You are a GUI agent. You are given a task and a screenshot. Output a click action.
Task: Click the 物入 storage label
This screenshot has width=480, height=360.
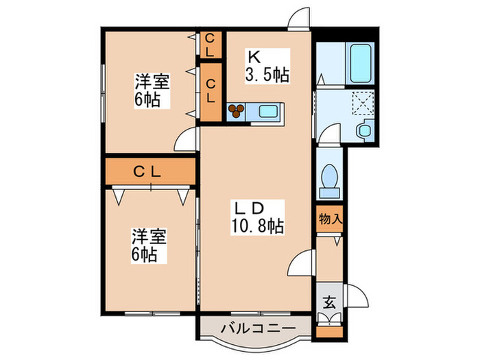click(330, 219)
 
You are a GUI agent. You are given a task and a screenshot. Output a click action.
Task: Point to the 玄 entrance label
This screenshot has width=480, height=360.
click(329, 300)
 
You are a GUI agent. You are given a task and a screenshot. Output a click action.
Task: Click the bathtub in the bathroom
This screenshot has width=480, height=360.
click(359, 62)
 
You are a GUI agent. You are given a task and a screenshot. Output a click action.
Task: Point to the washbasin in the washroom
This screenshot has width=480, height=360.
click(365, 129)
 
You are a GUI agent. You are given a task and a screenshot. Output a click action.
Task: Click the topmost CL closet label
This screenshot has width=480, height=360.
click(210, 45)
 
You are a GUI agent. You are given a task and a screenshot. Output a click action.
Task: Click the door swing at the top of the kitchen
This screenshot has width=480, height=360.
click(298, 19)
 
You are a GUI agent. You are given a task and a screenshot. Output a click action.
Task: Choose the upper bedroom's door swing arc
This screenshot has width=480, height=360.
click(186, 140)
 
